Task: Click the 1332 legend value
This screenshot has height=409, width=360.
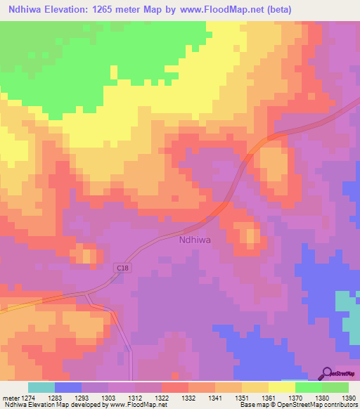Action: tap(189, 397)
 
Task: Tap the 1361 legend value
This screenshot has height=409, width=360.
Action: tap(268, 397)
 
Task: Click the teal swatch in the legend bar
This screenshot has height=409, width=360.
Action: tap(41, 387)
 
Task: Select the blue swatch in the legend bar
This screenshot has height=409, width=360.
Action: tap(67, 387)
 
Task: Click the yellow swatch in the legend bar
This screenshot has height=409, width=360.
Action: tap(281, 387)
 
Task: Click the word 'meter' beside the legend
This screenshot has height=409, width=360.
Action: tap(11, 397)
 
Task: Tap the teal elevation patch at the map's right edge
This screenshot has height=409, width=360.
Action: tap(346, 302)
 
